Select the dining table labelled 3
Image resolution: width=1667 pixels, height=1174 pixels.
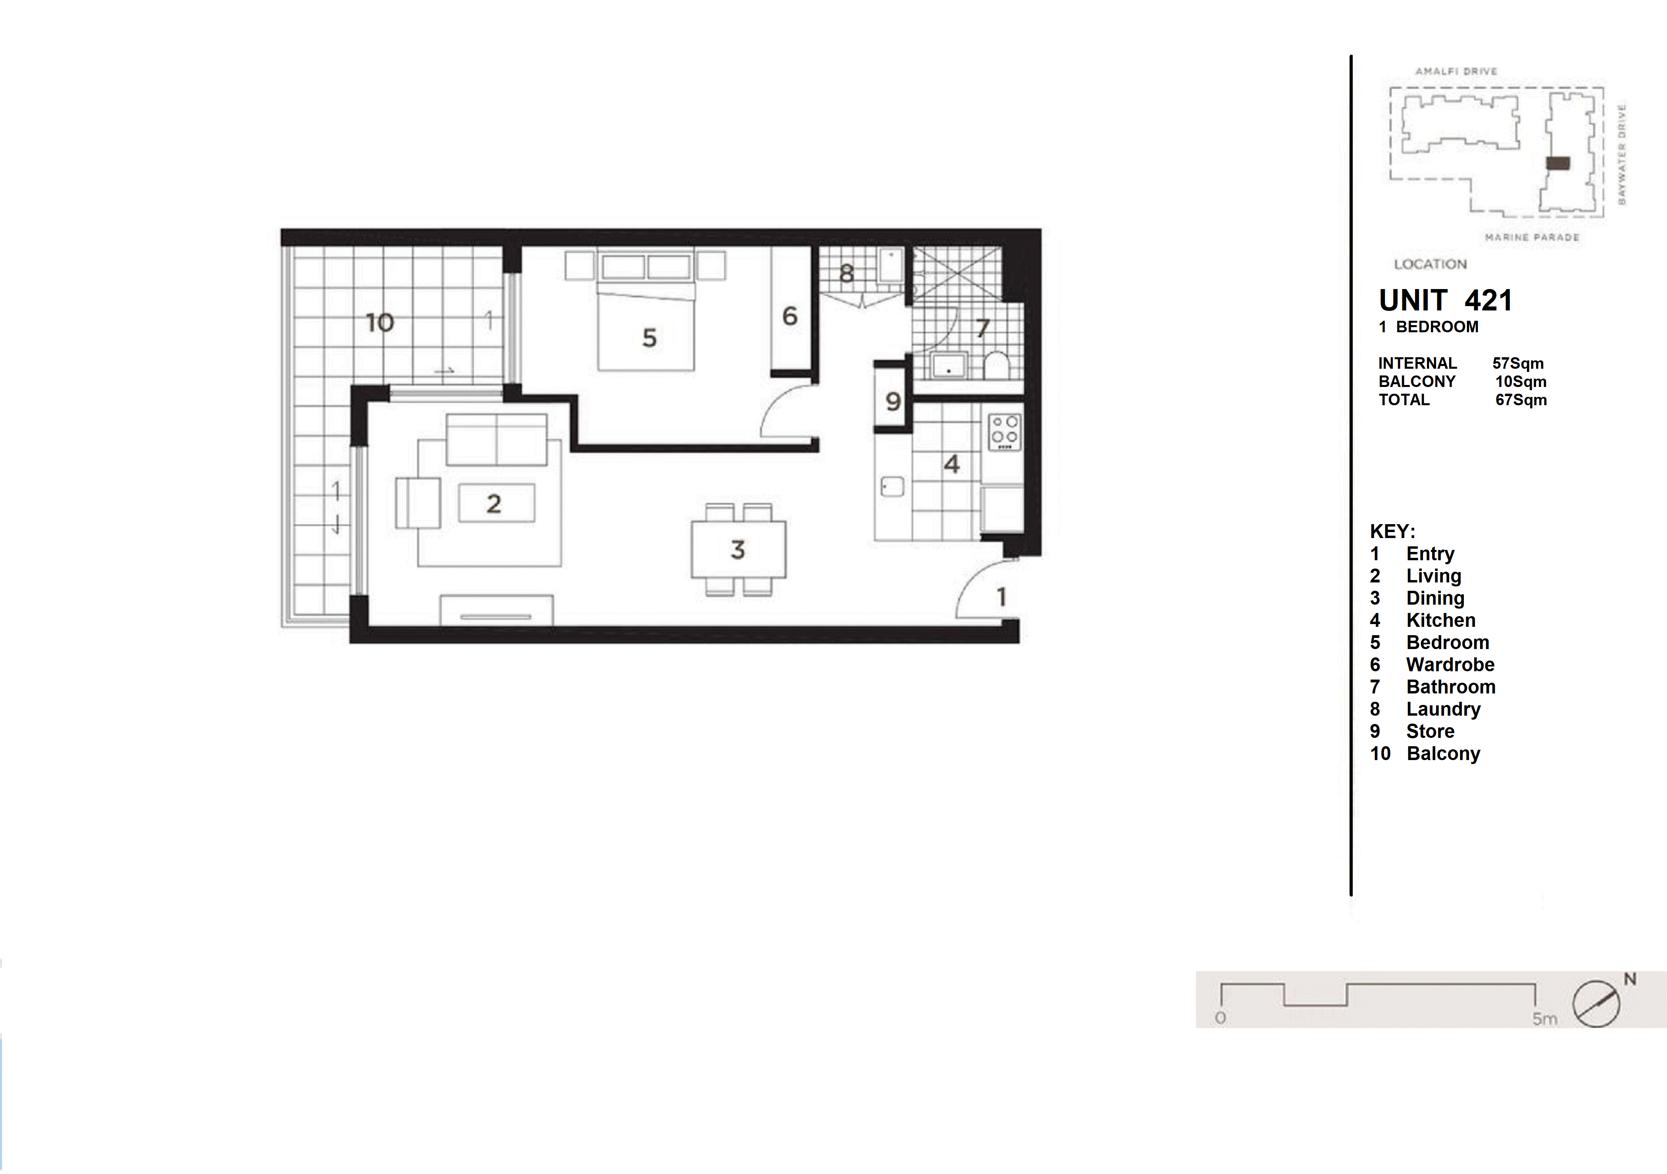(x=738, y=549)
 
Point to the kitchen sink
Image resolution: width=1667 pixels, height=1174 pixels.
(x=892, y=487)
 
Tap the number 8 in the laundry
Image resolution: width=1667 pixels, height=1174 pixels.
(x=846, y=274)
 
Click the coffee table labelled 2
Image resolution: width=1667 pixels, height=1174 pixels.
(x=497, y=503)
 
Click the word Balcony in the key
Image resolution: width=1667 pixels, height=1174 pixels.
(x=1443, y=754)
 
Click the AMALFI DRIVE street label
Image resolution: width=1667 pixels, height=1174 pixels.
(x=1456, y=71)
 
